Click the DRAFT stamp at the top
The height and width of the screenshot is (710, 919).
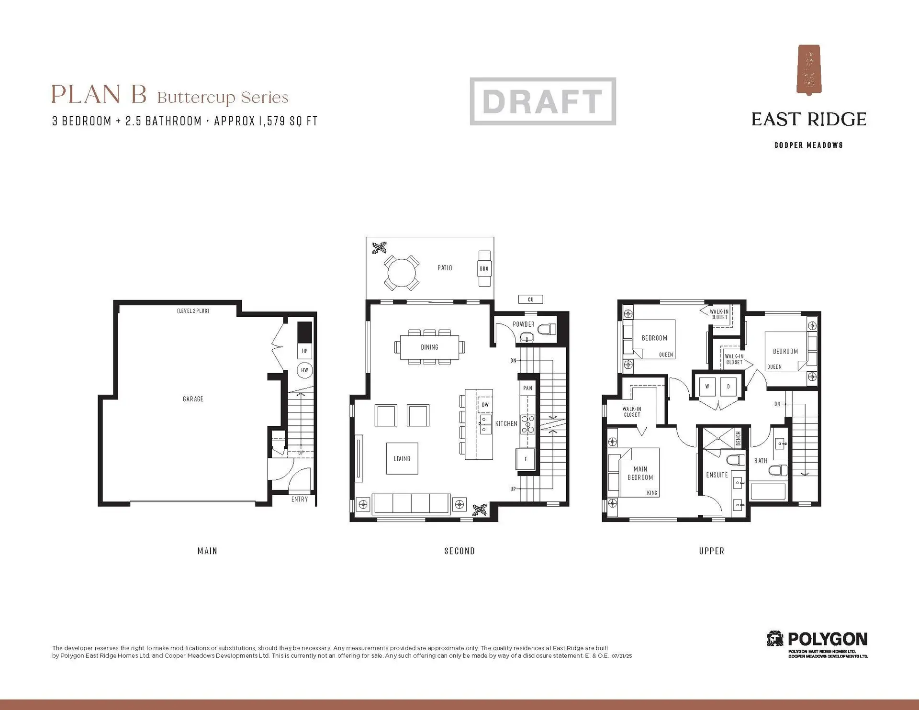[x=542, y=101]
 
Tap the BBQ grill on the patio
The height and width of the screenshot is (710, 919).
[x=484, y=268]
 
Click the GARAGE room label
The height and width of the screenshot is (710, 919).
[x=193, y=399]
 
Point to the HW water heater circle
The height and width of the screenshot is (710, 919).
[x=304, y=370]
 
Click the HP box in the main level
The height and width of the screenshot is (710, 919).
[x=304, y=351]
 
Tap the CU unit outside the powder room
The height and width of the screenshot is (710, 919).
[x=530, y=300]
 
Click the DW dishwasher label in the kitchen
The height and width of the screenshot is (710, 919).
[x=485, y=405]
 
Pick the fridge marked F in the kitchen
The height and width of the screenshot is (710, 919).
[x=525, y=459]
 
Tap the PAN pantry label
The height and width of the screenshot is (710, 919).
[x=527, y=388]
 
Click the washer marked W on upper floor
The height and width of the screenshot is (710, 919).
[x=707, y=386]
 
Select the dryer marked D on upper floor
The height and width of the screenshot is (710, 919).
[x=728, y=386]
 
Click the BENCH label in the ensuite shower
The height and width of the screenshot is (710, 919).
[x=738, y=438]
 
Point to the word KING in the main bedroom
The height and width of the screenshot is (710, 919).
[x=652, y=493]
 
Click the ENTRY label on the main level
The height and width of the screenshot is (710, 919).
[x=300, y=499]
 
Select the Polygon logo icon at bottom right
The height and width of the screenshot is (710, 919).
[x=775, y=639]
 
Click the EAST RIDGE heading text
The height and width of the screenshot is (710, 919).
[x=808, y=120]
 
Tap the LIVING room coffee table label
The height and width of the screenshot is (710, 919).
[x=402, y=458]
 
